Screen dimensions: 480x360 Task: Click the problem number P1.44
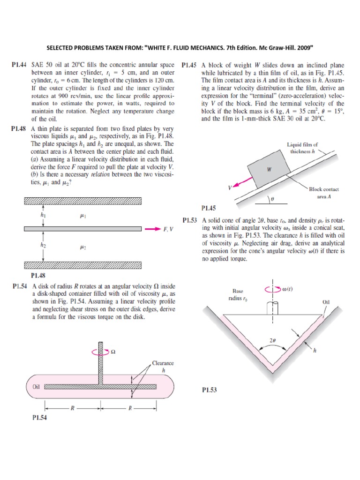coord(20,66)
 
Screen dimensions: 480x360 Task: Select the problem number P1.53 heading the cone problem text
coord(191,220)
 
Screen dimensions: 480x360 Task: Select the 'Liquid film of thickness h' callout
coord(302,148)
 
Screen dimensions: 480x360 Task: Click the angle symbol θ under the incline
coord(272,199)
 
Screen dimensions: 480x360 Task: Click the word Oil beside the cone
coord(326,302)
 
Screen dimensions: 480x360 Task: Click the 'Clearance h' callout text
coord(163,366)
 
